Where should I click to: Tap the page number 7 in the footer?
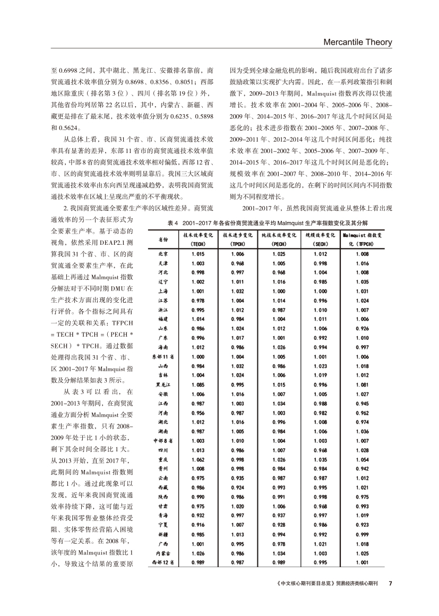point(390,583)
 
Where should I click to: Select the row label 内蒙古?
point(163,553)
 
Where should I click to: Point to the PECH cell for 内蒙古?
point(278,553)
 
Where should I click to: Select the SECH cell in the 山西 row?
point(321,366)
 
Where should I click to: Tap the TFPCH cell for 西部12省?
point(363,562)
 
